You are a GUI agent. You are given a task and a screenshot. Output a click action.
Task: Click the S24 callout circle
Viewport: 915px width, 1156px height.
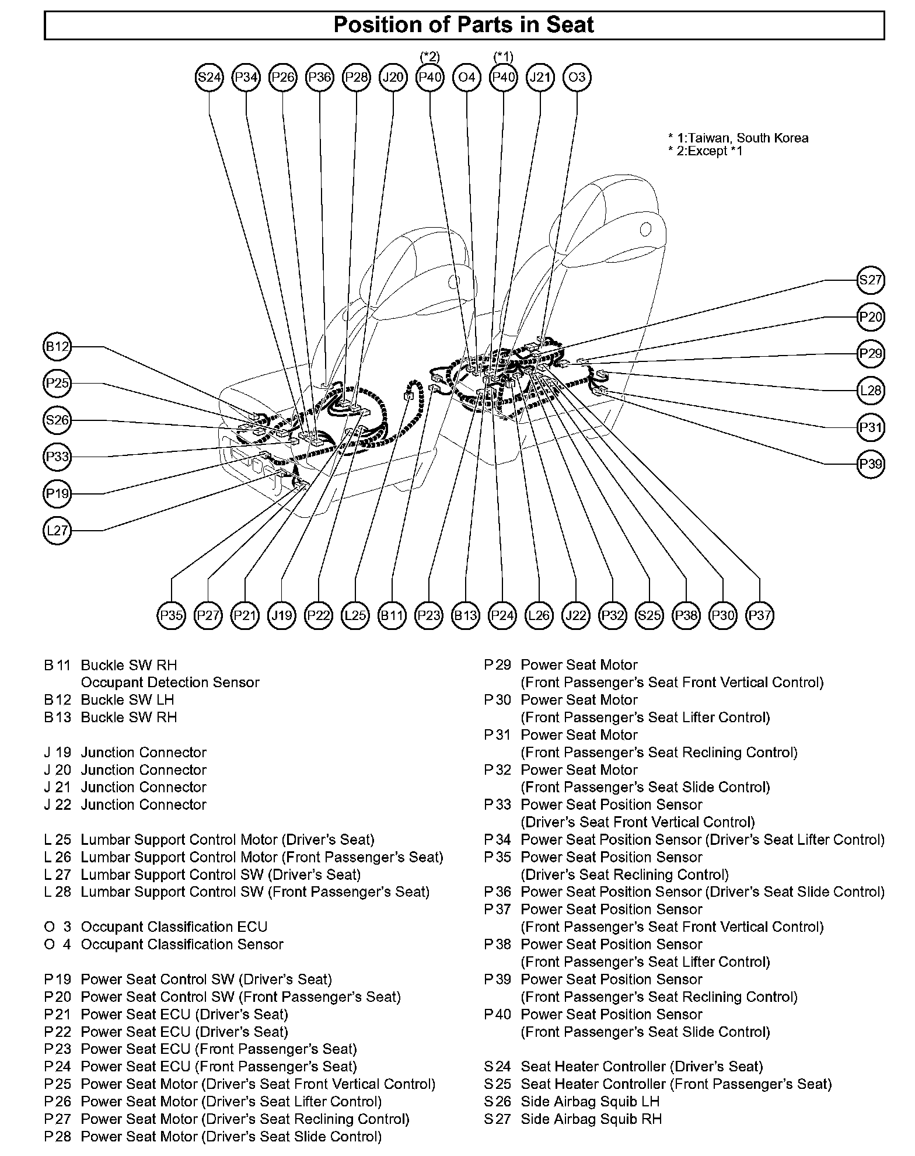209,77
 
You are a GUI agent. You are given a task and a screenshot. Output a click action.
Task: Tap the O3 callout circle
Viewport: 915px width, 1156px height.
577,77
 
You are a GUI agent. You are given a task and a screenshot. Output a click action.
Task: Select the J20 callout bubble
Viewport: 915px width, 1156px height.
393,77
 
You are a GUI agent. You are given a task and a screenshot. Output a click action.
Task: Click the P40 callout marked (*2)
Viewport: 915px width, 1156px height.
429,77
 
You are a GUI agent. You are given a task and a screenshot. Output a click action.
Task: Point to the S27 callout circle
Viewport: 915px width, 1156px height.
871,280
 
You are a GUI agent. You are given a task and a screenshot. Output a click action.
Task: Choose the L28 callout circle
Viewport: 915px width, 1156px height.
871,390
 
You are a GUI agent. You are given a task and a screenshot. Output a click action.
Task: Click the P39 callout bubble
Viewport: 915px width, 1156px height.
871,464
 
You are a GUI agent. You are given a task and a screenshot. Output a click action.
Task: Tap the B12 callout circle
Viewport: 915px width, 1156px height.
57,347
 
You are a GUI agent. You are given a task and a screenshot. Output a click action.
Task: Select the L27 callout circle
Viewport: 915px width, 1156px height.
57,531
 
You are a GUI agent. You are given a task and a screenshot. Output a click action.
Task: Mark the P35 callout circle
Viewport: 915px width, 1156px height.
172,615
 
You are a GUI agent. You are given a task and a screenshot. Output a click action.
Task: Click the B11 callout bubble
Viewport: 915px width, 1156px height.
392,615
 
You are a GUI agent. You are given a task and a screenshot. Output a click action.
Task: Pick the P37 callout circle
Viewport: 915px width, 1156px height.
760,615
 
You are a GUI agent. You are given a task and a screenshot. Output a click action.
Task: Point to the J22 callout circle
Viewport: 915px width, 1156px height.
576,615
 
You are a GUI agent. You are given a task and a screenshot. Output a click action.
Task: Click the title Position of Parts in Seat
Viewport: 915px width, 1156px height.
464,25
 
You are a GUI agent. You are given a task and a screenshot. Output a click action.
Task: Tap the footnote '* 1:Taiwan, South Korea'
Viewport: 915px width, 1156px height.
738,138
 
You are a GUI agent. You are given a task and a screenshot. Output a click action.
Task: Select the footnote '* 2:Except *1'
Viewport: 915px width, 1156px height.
706,151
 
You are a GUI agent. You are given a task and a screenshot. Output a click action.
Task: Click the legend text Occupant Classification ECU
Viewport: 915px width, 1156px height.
174,927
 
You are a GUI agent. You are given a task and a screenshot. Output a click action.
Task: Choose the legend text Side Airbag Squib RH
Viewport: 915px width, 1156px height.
591,1119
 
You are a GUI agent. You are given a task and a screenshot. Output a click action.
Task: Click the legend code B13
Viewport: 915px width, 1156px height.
57,718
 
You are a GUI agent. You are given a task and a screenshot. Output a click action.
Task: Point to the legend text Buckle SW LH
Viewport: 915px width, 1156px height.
127,700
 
